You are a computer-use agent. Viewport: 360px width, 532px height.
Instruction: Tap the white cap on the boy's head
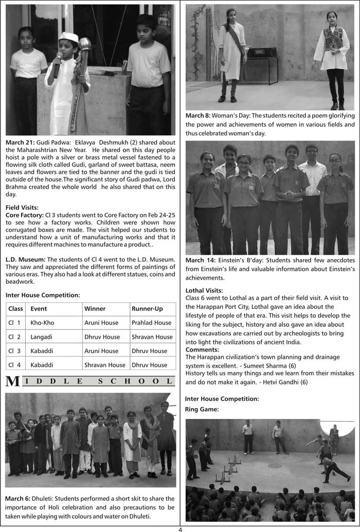[x=68, y=38]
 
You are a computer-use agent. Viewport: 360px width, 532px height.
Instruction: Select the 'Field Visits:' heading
[x=23, y=207]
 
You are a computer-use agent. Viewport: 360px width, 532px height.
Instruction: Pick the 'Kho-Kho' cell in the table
[x=42, y=323]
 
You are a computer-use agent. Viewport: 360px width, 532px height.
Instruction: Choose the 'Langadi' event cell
[x=42, y=337]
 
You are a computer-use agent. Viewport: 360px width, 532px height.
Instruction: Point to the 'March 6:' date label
[x=20, y=499]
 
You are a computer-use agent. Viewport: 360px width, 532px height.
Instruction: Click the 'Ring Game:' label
[x=202, y=409]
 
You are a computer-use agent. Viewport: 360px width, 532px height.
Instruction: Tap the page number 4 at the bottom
[x=180, y=528]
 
